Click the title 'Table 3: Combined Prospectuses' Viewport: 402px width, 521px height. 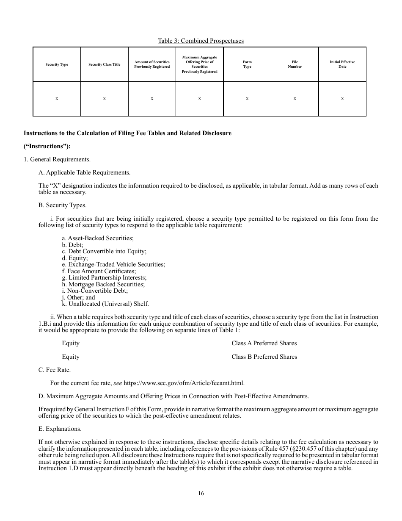tap(201, 41)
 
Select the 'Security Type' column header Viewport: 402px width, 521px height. tap(57, 64)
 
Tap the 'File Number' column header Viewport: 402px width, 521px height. tap(295, 64)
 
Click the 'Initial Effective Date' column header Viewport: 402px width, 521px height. tap(342, 64)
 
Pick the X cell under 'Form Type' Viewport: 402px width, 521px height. tap(247, 99)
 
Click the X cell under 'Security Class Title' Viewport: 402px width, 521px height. tap(104, 99)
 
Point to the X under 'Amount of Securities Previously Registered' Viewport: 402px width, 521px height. tap(152, 99)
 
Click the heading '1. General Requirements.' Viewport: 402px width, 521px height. tap(57, 160)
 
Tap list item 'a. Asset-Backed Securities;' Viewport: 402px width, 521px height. tap(98, 238)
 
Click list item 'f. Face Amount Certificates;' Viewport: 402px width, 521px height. tap(99, 271)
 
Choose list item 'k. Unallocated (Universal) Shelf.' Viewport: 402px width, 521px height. tap(105, 304)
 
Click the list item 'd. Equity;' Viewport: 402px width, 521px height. tap(75, 258)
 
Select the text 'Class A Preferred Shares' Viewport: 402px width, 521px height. tap(264, 343)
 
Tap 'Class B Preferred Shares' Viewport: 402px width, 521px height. tap(264, 357)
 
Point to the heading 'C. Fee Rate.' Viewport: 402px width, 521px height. tap(55, 370)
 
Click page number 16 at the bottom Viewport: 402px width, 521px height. tap(201, 493)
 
